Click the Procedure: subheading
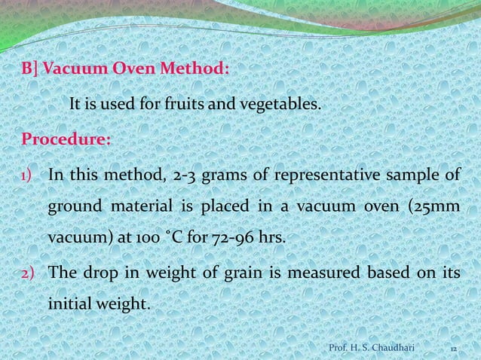(x=66, y=139)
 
